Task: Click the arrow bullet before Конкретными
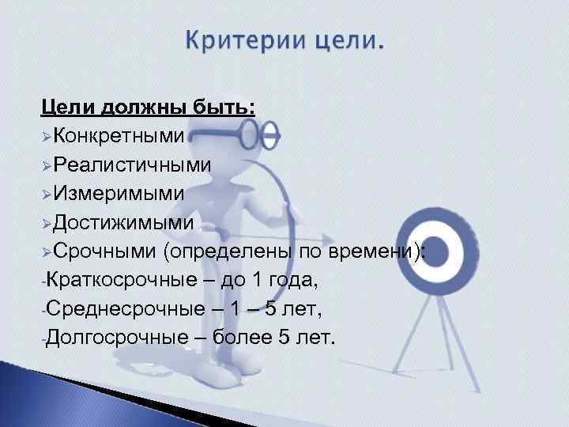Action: tap(47, 137)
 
